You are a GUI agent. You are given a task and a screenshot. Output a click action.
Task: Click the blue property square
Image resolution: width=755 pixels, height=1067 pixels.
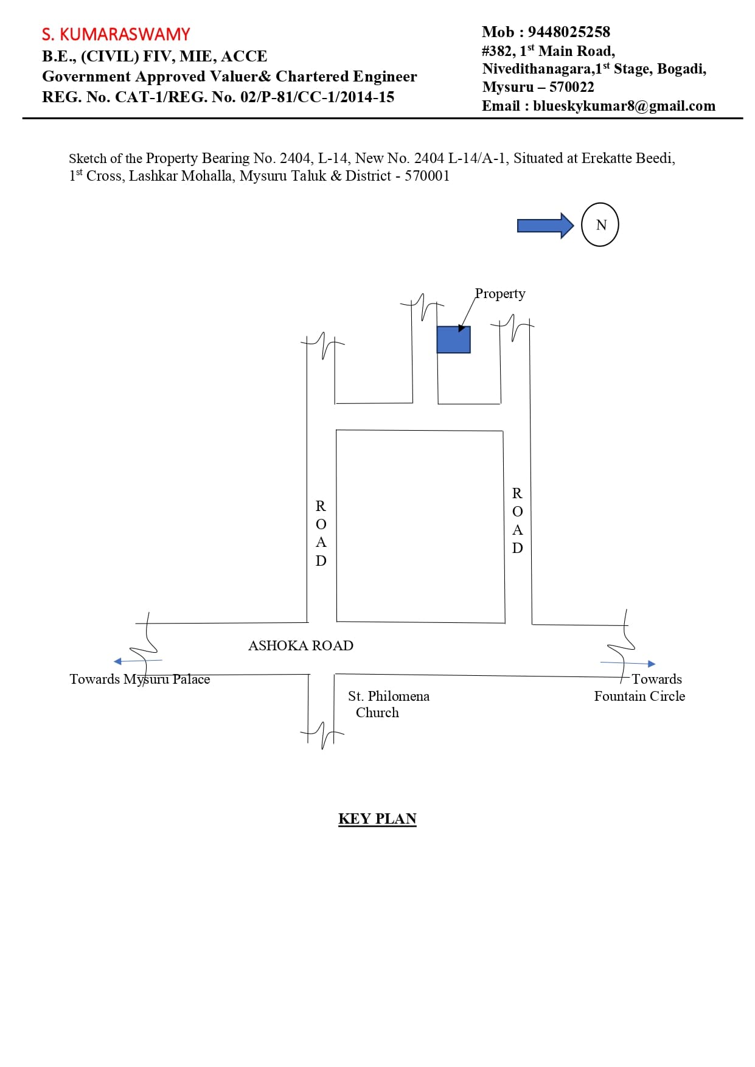pos(453,339)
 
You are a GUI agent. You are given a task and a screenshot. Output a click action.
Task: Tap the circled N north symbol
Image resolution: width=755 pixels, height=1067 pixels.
pos(600,224)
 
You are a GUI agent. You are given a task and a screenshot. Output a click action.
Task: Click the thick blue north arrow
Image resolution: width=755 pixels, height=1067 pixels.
pos(545,226)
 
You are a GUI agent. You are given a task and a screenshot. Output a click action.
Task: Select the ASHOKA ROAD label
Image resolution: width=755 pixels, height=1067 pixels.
pos(301,645)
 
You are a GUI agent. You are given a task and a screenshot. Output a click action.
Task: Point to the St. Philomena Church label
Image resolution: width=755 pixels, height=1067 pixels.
pos(388,704)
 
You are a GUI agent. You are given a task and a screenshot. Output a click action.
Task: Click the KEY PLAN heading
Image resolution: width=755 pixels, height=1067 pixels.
pos(377,819)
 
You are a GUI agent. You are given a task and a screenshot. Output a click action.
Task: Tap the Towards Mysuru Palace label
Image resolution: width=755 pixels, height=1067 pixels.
pos(139,679)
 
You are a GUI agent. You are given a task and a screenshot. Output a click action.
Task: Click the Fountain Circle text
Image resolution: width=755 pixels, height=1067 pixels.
pos(639,696)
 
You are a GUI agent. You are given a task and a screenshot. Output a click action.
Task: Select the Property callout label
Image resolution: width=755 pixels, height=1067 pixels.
pos(500,294)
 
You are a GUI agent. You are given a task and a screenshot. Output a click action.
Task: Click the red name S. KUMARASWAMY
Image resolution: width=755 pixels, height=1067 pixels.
pos(116,34)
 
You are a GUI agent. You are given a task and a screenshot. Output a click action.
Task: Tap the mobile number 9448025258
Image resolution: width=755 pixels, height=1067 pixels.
pos(569,32)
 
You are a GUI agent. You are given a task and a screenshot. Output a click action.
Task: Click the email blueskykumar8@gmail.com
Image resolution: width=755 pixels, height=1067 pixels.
pos(624,106)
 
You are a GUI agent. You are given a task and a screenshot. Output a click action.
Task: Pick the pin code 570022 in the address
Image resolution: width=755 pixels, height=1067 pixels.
pos(572,87)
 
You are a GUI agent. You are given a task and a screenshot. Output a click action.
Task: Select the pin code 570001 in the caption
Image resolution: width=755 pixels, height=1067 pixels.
pos(427,176)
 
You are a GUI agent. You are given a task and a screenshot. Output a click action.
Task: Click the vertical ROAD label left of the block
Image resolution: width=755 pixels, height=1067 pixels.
pos(321,533)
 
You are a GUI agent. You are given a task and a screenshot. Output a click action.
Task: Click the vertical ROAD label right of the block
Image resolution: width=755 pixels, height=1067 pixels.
pos(517,520)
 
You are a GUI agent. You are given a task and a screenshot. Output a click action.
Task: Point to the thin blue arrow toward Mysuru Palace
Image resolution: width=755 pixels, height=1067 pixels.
pos(138,661)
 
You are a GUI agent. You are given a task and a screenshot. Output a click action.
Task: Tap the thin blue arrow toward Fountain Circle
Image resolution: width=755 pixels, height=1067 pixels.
pos(628,663)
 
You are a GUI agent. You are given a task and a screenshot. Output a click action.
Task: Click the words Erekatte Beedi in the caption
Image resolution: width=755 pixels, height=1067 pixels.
pos(628,158)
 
